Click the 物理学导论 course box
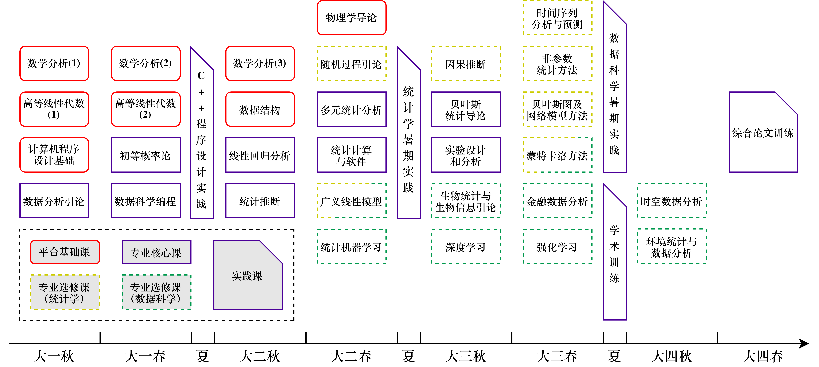click(x=351, y=18)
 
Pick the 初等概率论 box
click(x=146, y=155)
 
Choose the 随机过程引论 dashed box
click(x=351, y=64)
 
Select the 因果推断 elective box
click(x=466, y=64)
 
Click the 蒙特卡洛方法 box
click(x=557, y=155)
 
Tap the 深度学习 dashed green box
click(x=466, y=247)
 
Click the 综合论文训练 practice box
click(x=763, y=133)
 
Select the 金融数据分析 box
click(x=557, y=201)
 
